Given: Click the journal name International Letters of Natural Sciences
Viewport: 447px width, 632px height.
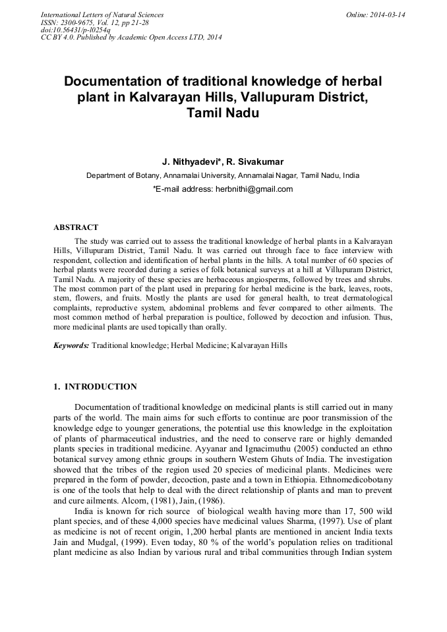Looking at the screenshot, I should (x=102, y=14).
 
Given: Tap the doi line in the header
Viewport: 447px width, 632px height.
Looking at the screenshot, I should (x=76, y=30).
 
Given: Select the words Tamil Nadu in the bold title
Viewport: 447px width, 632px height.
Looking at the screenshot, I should (x=223, y=113).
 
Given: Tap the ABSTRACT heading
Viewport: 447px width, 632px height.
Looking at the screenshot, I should (x=76, y=227).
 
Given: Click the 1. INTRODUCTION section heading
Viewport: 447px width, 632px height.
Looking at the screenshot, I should (x=95, y=387).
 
